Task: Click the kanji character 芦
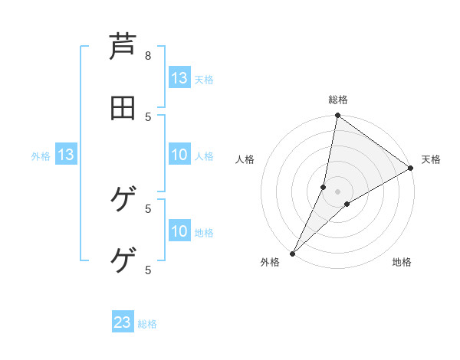pos(123,48)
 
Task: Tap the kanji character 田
pos(123,108)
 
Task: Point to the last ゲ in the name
pos(123,261)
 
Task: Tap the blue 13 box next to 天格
pos(179,78)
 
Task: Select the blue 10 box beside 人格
pos(179,155)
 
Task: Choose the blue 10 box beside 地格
pos(179,231)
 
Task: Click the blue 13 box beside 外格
pos(65,155)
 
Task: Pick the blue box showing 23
pos(123,323)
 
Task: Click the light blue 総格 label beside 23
pos(147,324)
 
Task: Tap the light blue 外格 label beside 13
pos(41,156)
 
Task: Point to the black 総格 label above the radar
pos(338,100)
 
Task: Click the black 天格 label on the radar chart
pos(431,159)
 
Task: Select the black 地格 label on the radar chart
pos(402,262)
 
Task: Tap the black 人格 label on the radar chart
pos(245,159)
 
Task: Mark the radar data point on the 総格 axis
pos(337,116)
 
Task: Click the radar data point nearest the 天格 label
pos(410,169)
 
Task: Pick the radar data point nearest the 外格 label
pos(293,253)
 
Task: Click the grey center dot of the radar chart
pos(337,191)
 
